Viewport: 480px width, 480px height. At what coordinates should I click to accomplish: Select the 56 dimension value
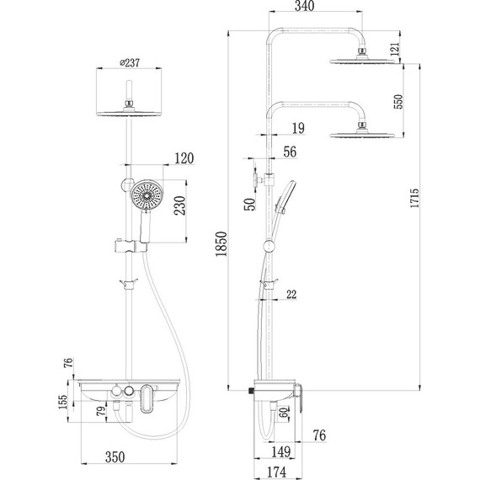coord(291,152)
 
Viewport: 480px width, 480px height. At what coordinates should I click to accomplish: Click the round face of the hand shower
coord(148,196)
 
